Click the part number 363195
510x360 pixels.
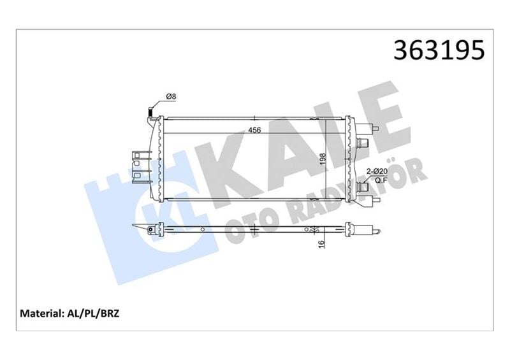[x=441, y=51]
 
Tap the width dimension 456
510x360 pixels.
[x=254, y=131]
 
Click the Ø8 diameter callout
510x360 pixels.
[x=171, y=96]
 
